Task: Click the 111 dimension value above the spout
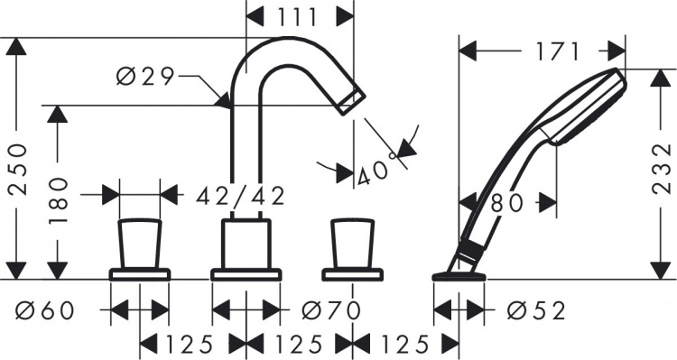tap(298, 17)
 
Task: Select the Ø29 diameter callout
tap(145, 77)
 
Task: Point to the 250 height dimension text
tap(18, 170)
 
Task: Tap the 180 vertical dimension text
tap(59, 200)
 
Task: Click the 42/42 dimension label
tap(240, 197)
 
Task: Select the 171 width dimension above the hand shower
tap(557, 52)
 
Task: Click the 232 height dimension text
tap(662, 169)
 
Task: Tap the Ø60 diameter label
tap(45, 310)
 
